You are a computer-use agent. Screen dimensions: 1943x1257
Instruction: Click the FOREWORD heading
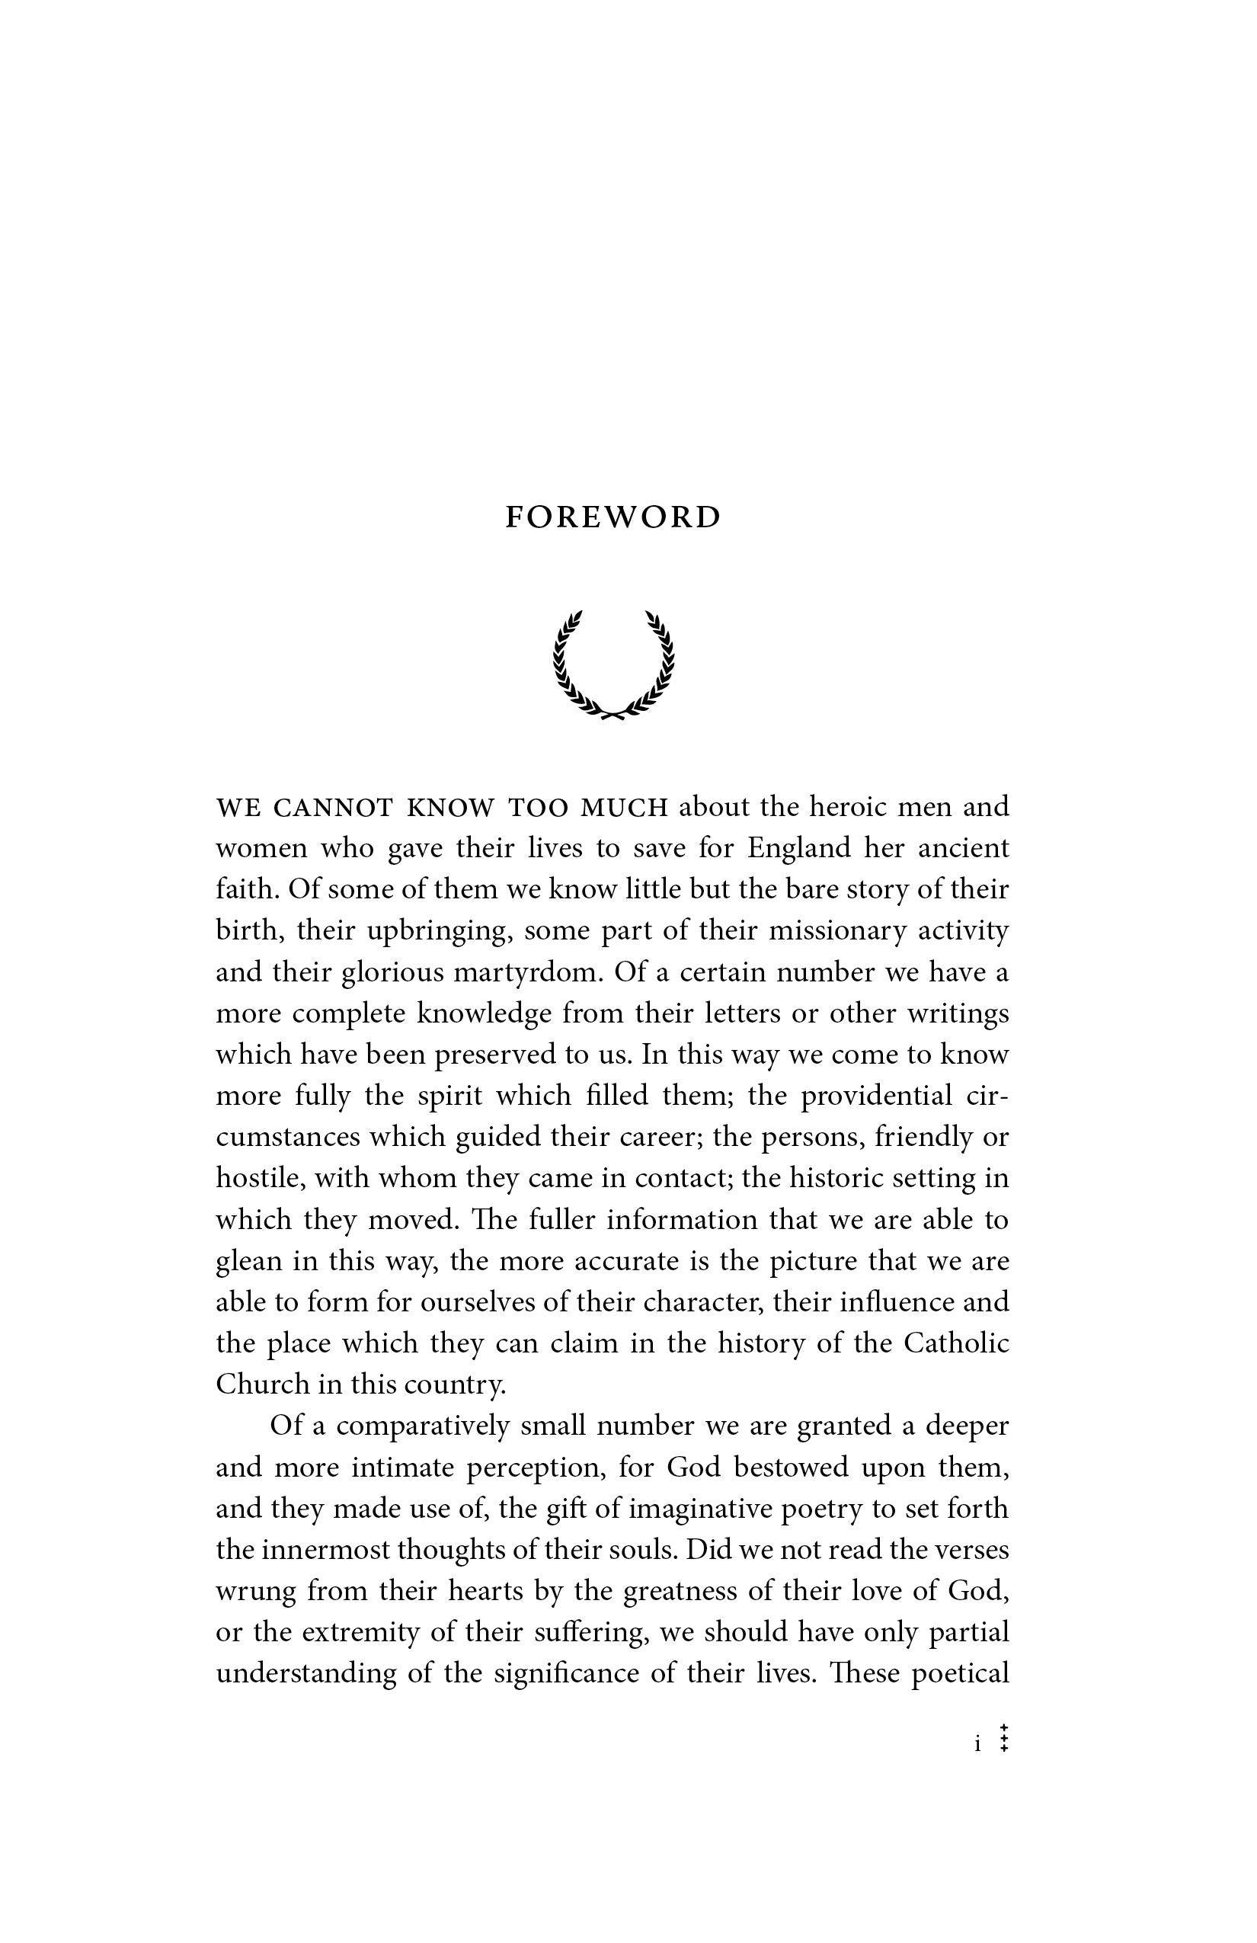(613, 517)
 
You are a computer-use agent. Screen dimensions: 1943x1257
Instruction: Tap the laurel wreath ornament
(614, 664)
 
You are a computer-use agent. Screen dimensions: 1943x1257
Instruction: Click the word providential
(876, 1096)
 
